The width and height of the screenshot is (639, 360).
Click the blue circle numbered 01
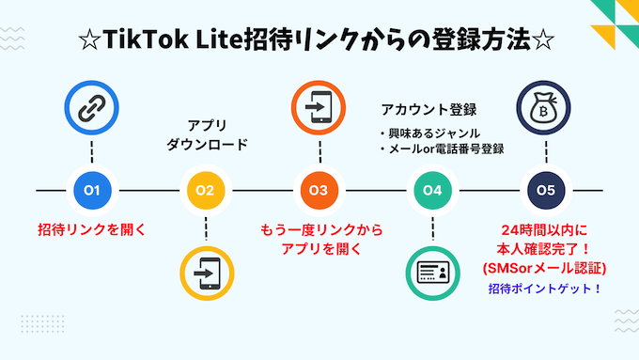92,191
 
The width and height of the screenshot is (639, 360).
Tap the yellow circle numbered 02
206,191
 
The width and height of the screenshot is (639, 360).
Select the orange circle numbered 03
319,191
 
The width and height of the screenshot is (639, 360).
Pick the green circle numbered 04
432,191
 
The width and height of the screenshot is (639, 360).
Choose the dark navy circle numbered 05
545,191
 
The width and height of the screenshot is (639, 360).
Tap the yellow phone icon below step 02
206,272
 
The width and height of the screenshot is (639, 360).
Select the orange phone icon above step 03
319,108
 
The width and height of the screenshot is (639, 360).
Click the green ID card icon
432,272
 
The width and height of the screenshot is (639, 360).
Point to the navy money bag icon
545,108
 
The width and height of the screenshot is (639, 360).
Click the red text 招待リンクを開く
92,229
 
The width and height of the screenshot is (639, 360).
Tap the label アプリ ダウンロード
207,135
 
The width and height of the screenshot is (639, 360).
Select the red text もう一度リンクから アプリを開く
319,239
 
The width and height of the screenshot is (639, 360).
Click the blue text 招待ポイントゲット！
545,289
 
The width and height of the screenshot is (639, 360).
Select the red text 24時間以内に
545,230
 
